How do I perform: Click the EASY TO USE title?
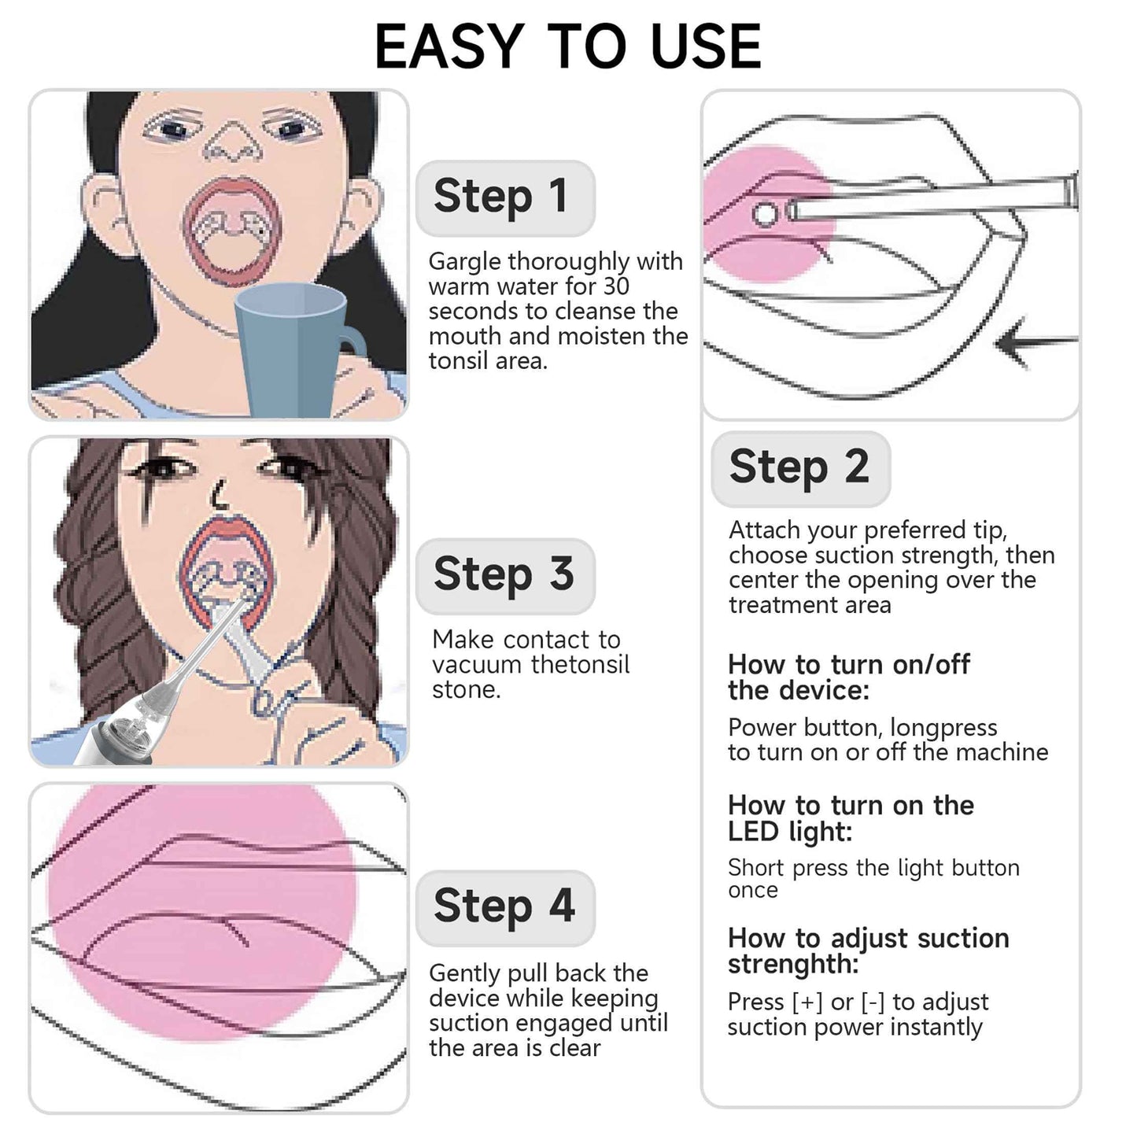coord(567,46)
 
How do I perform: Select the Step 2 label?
coord(799,467)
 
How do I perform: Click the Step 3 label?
coord(504,574)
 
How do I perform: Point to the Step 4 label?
coord(504,906)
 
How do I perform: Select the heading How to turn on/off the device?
coord(848,677)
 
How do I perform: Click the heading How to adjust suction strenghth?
coord(868,951)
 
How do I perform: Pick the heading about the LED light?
coord(850,818)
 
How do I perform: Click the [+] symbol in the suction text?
coord(807,1002)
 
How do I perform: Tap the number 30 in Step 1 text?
coord(615,286)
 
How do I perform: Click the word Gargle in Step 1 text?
coord(463,262)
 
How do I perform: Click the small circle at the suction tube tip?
coord(764,213)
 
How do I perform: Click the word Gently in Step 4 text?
coord(465,974)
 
